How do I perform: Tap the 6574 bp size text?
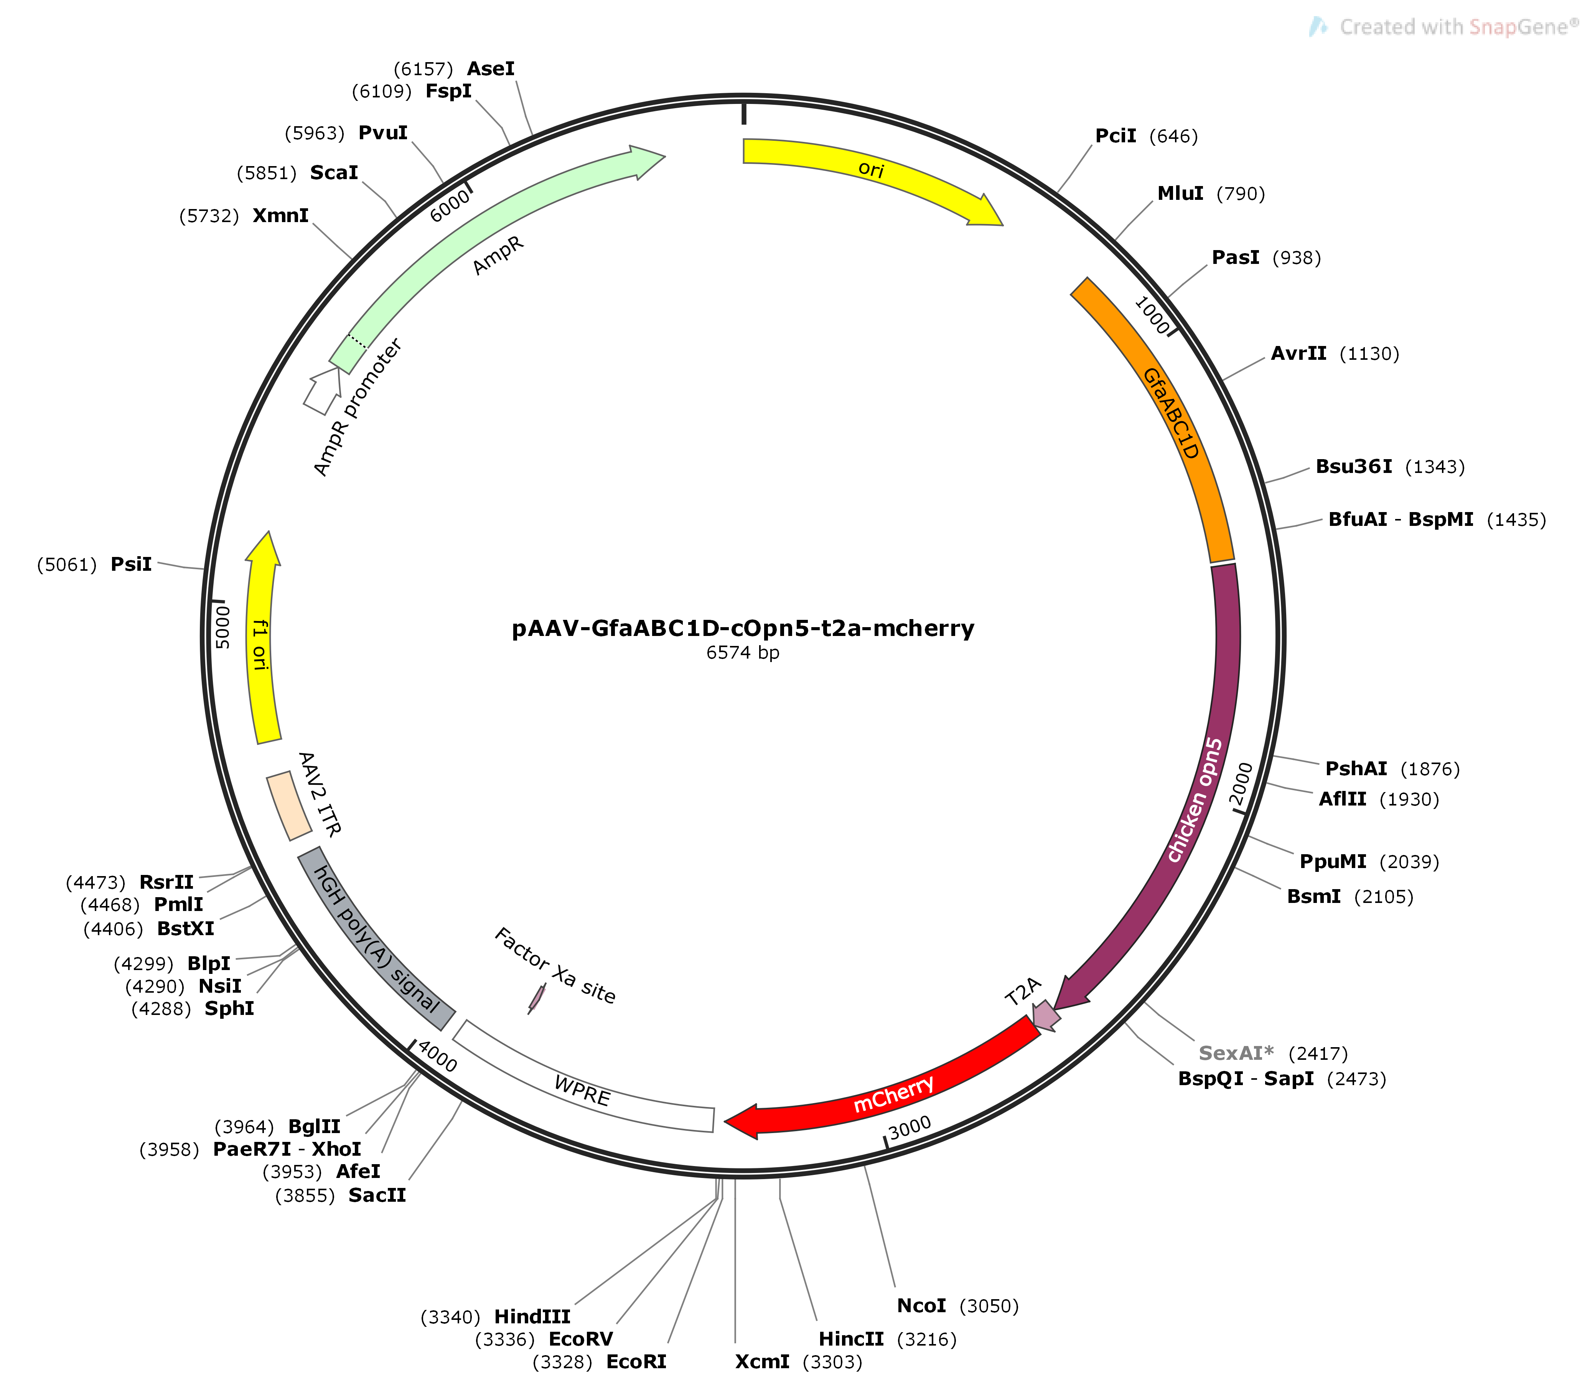coord(743,652)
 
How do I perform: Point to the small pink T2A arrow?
coord(1046,1015)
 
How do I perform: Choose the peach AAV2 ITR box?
coord(289,806)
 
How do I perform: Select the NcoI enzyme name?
coord(922,1306)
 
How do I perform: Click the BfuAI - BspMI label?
coord(1401,519)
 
